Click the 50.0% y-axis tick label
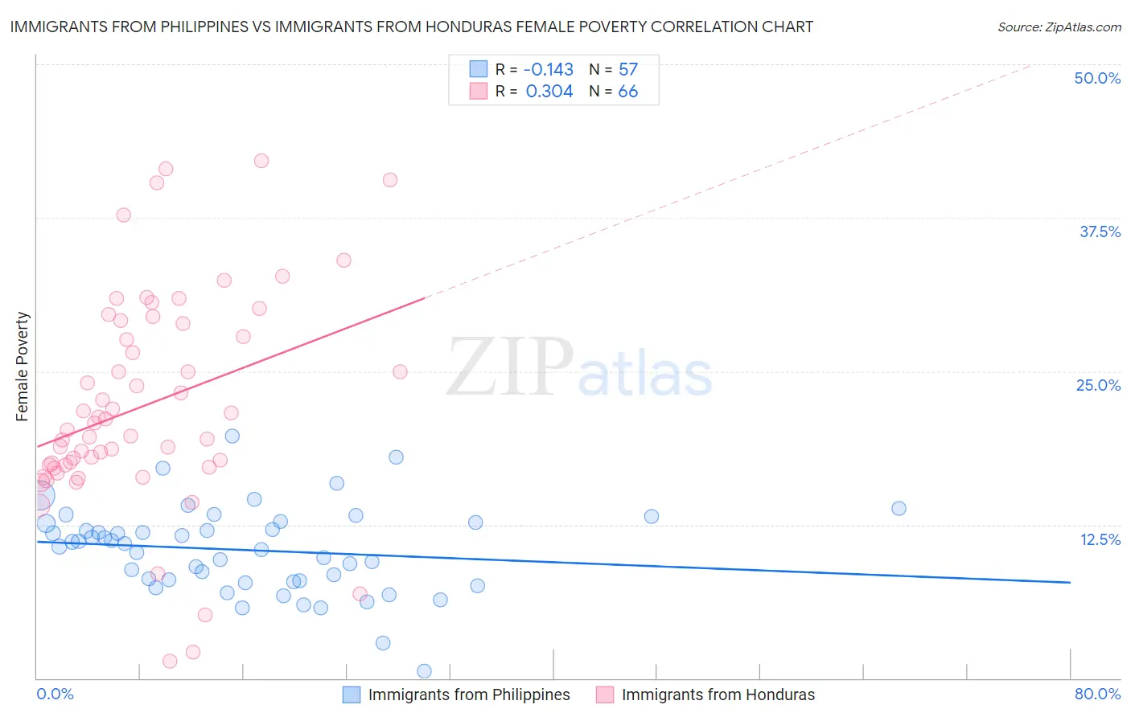coord(1097,78)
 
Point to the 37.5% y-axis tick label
coord(1100,231)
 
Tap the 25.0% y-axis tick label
coord(1098,385)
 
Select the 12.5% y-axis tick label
coord(1100,539)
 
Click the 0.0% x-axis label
coord(55,694)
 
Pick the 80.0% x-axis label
coord(1097,694)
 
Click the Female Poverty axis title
coord(23,367)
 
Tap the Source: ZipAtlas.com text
coord(1059,27)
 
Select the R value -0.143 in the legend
coord(549,69)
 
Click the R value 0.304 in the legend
coord(549,91)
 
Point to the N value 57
coord(627,69)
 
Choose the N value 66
coord(627,91)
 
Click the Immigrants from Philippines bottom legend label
coord(469,694)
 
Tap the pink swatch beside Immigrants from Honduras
coord(604,694)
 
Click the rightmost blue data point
coord(899,508)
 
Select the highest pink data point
coord(261,161)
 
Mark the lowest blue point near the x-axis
coord(424,671)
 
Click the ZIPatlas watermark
coord(579,368)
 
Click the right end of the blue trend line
coord(1070,582)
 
